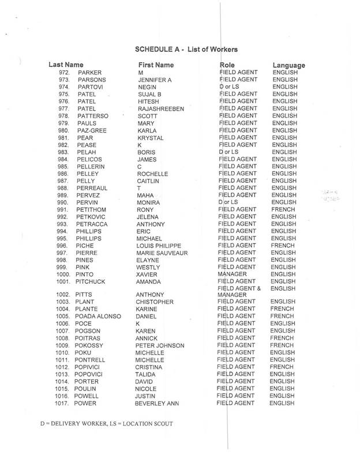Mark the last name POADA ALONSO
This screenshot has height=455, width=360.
pyautogui.click(x=100, y=317)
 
